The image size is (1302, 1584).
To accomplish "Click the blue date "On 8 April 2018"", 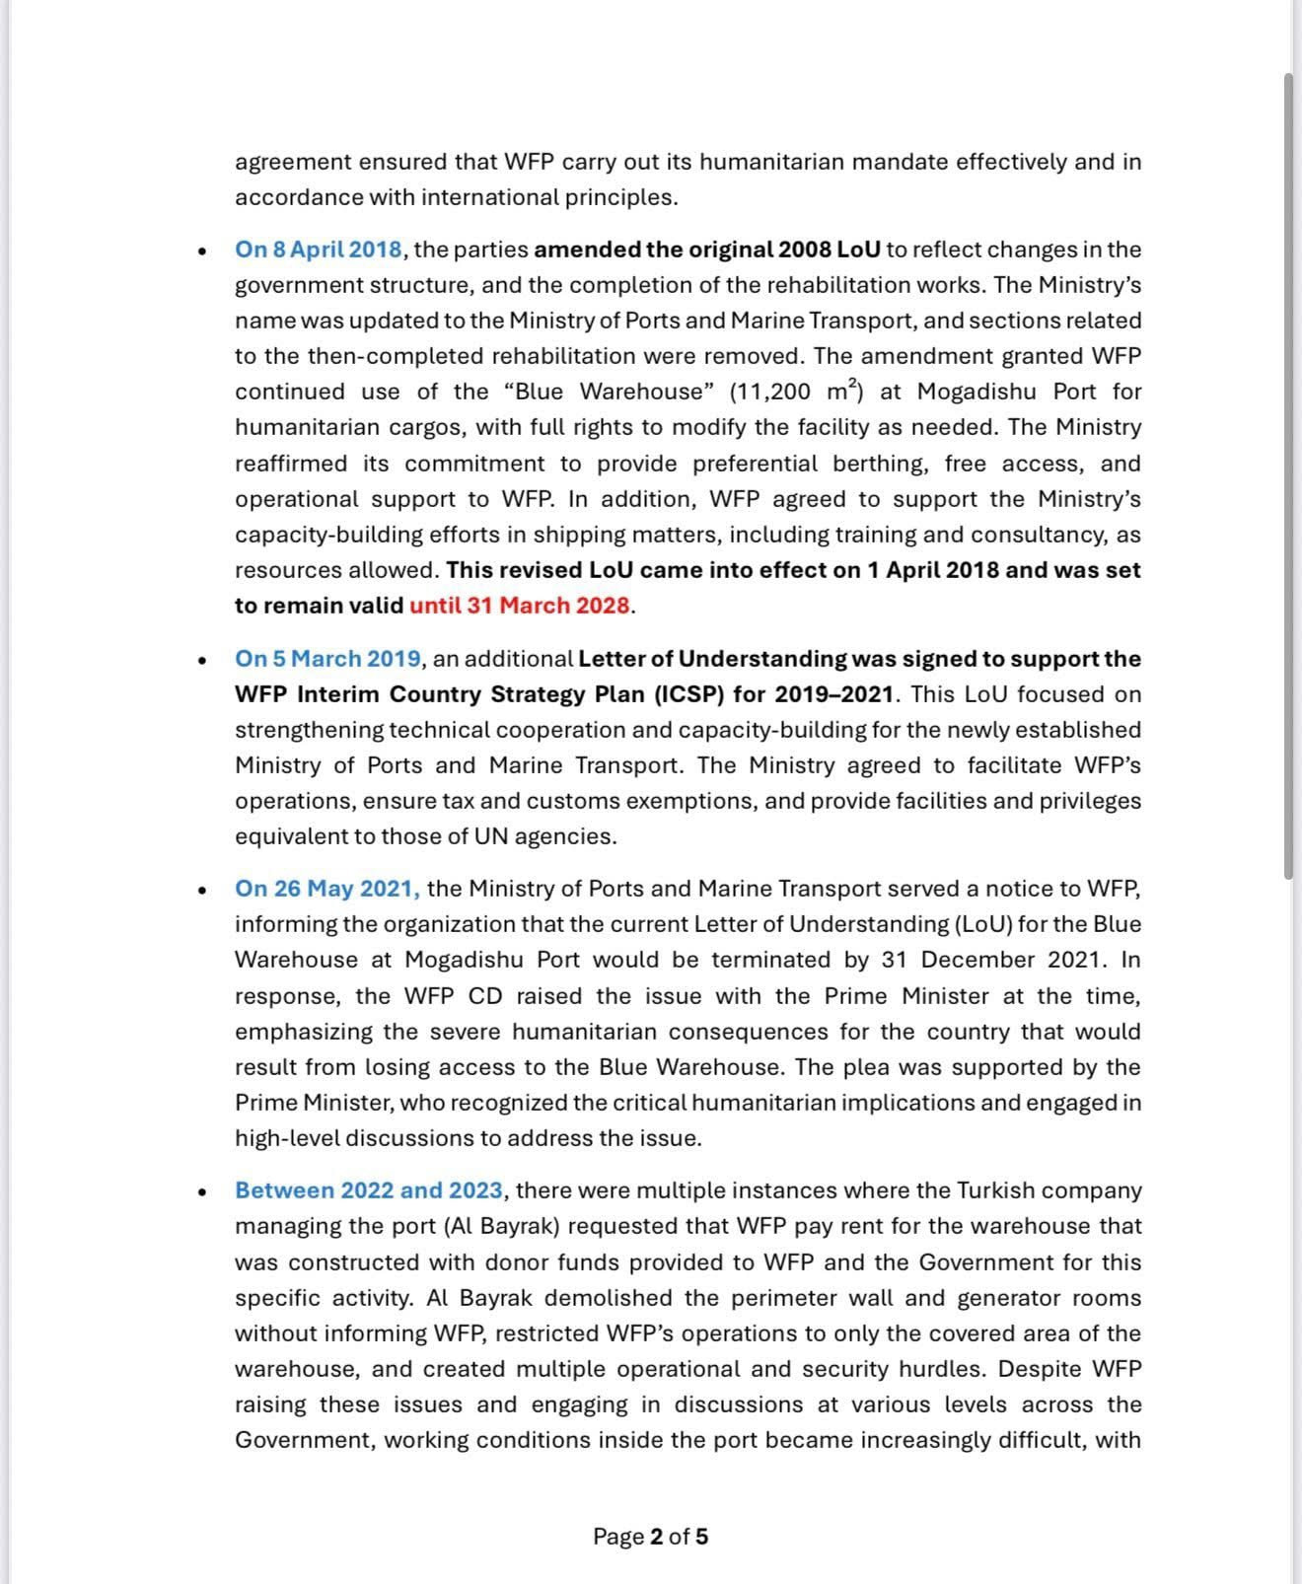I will (319, 250).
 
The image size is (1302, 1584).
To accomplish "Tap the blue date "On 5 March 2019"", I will (328, 659).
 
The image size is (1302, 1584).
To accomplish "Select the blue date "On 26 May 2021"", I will (326, 889).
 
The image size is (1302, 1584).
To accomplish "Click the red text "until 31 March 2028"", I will (520, 606).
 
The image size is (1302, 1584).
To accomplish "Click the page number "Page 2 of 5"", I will (650, 1537).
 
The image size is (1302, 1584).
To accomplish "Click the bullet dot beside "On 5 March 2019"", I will (202, 660).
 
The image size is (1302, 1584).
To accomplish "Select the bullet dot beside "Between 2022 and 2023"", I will (202, 1191).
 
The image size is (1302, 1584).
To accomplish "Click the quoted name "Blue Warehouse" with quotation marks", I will (609, 392).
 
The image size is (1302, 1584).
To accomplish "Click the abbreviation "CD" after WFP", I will (485, 996).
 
